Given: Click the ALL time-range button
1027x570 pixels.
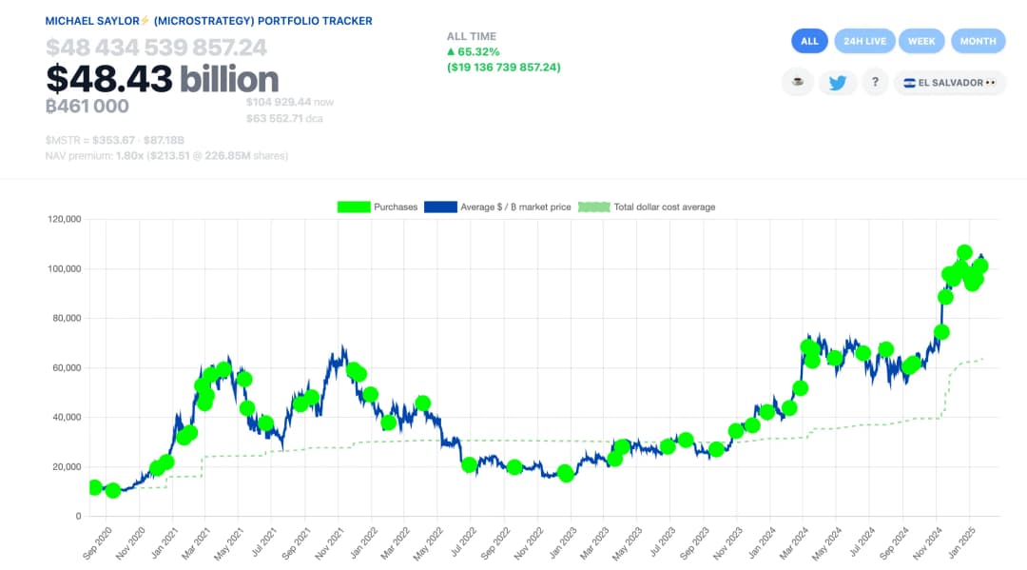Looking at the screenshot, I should pos(809,41).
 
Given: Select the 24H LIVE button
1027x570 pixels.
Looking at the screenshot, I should pos(864,41).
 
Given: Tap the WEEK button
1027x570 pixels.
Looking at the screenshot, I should pos(921,41).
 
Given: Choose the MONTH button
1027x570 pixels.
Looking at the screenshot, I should pos(978,41).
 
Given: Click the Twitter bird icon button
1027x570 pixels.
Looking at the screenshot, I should pos(837,83).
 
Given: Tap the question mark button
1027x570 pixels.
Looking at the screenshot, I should pos(875,83).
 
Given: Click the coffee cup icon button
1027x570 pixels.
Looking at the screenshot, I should pos(798,83).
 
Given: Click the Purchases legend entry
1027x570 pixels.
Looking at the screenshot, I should pos(378,206).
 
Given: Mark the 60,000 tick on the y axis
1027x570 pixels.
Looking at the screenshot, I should pos(66,368).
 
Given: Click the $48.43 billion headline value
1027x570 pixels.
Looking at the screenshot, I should pos(162,79).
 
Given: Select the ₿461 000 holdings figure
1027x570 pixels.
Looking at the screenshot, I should pos(87,107).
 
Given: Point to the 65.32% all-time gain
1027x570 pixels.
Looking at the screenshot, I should pos(478,51).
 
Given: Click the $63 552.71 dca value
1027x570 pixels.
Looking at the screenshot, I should pos(282,119).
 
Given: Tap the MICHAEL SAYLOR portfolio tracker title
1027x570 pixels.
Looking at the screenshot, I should pos(209,21).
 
